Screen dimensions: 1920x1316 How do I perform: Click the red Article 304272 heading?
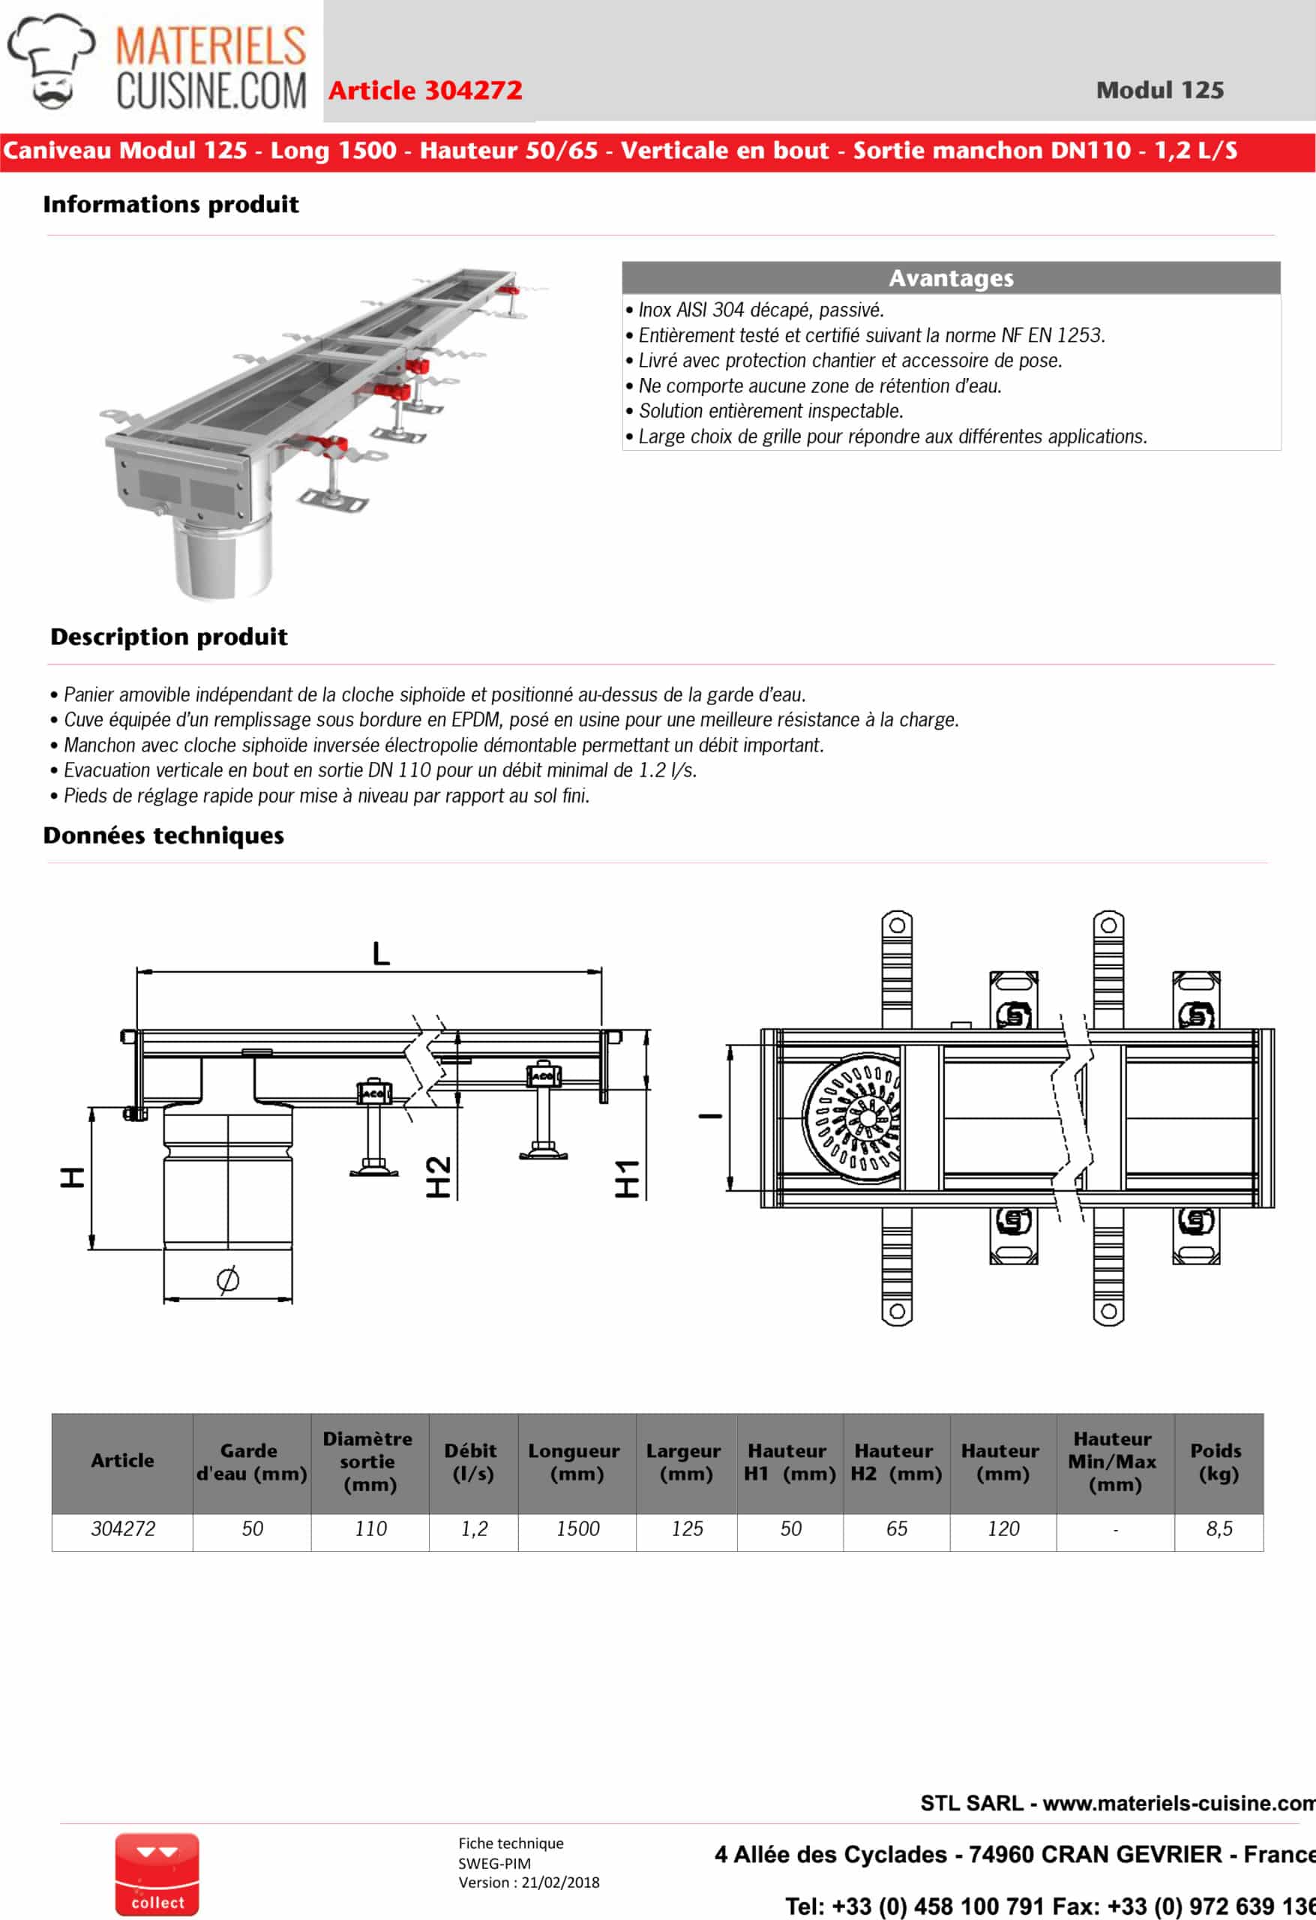(x=425, y=90)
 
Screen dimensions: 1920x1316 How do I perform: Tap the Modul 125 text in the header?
(x=1159, y=90)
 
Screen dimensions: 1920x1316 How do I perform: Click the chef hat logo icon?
(x=51, y=62)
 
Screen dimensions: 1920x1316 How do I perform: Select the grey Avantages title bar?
(x=950, y=278)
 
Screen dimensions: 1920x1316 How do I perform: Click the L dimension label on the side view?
(x=380, y=953)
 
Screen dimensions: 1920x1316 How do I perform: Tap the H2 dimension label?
(x=439, y=1177)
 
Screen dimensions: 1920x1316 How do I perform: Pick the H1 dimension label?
(x=627, y=1178)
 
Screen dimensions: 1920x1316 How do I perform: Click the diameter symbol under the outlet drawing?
(x=228, y=1279)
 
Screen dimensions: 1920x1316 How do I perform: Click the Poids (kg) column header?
(x=1218, y=1462)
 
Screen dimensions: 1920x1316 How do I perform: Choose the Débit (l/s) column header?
(x=472, y=1462)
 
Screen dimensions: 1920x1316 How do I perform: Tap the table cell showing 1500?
(x=577, y=1529)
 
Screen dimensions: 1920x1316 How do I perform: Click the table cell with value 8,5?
(x=1219, y=1529)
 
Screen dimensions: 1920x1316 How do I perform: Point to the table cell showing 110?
(x=370, y=1529)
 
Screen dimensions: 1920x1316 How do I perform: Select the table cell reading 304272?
(x=122, y=1529)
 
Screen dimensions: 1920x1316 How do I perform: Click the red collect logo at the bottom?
(x=157, y=1874)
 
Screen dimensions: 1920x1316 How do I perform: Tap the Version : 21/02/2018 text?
(x=529, y=1882)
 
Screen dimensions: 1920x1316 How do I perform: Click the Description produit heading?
(x=169, y=637)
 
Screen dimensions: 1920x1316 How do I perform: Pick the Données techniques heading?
(x=163, y=836)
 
